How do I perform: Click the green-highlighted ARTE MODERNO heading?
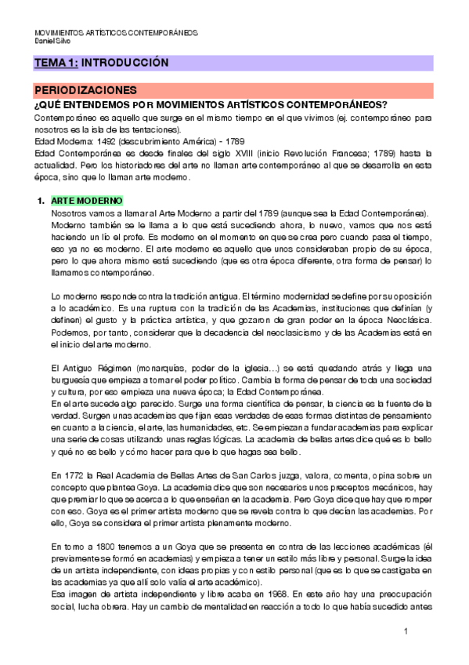(86, 201)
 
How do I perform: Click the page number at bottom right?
(406, 631)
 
